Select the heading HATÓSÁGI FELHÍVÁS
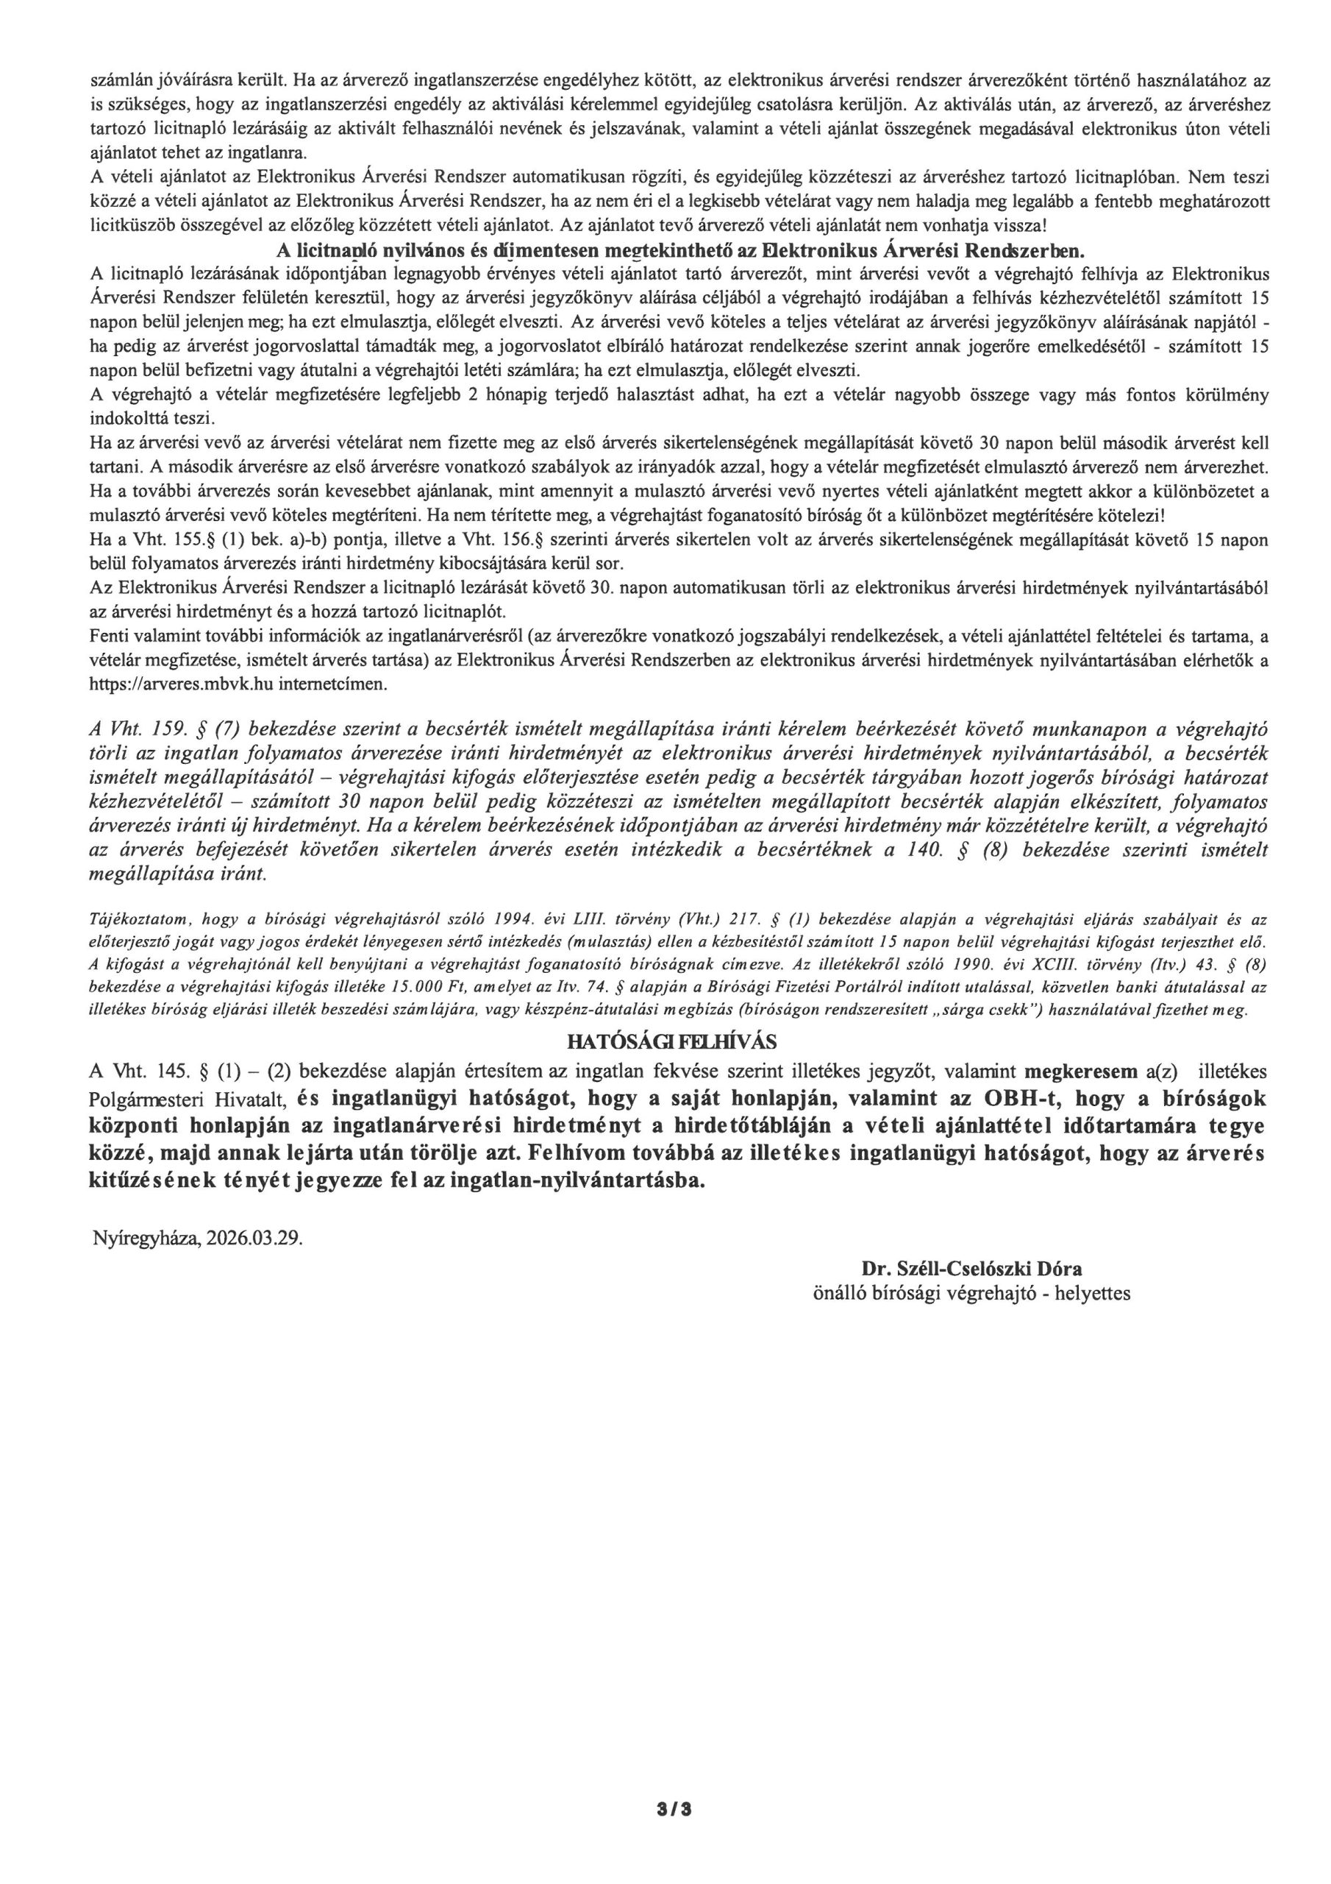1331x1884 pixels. pyautogui.click(x=671, y=1042)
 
